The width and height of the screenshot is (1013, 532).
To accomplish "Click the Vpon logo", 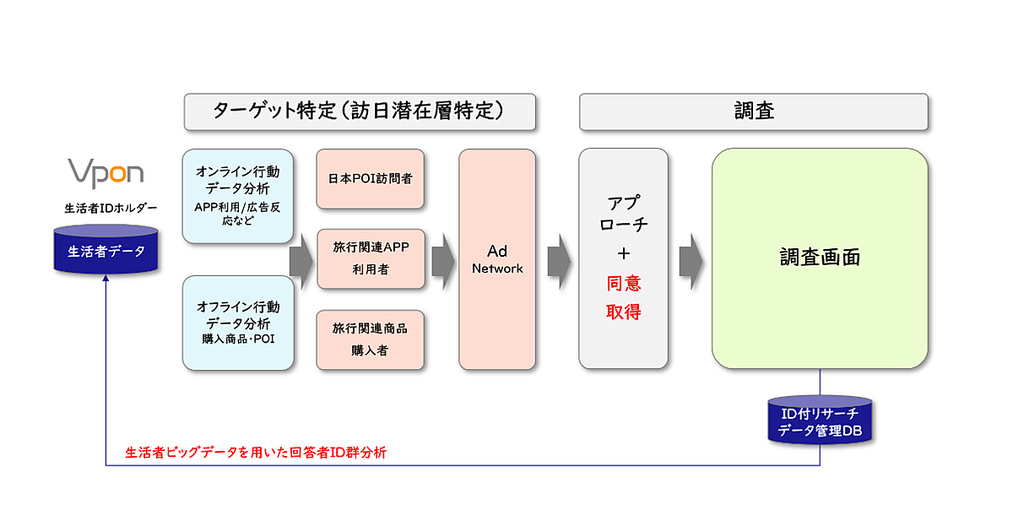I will (x=106, y=172).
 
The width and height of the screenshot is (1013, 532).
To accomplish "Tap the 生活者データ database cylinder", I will (x=106, y=250).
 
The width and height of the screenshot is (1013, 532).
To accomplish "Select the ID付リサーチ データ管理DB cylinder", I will (x=819, y=420).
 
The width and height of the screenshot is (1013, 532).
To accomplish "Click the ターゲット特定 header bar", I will (x=360, y=111).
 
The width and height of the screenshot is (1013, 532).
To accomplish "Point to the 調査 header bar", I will (x=753, y=111).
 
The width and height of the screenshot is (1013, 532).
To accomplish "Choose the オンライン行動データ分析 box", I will (x=238, y=196).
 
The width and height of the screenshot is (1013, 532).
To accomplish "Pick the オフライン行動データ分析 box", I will (x=238, y=323).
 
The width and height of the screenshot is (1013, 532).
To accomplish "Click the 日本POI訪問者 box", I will (x=370, y=179).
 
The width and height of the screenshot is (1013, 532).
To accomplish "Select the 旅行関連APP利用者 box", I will (x=370, y=258).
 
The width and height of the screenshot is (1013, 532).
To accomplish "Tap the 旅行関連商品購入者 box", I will (x=370, y=339).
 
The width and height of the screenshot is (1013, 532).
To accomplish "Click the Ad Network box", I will (x=497, y=259).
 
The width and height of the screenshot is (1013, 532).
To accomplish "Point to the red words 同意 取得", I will (x=623, y=297).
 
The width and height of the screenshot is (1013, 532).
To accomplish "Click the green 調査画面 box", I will (x=819, y=258).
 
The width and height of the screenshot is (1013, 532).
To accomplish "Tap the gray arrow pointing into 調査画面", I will (x=691, y=259).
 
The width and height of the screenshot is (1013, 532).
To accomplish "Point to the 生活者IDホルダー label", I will (x=106, y=208).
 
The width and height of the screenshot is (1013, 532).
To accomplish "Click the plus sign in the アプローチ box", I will (x=623, y=253).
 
